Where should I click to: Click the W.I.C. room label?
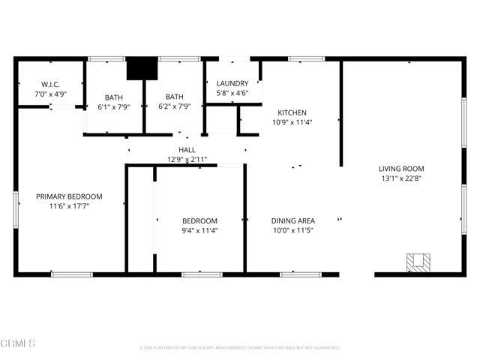[x=50, y=85]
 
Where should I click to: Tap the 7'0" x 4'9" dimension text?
[x=50, y=95]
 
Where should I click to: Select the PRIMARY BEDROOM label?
[x=69, y=196]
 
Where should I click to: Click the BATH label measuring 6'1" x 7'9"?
[x=114, y=97]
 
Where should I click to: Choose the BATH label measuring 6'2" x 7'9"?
[x=174, y=97]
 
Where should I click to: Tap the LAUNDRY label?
[x=232, y=83]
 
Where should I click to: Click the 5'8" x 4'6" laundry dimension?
[x=232, y=94]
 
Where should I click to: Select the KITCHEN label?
[x=292, y=112]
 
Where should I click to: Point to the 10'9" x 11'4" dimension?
[x=292, y=123]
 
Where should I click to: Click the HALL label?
[x=187, y=150]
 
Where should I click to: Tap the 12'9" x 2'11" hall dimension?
[x=187, y=160]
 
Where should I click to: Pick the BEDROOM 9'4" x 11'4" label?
[x=199, y=220]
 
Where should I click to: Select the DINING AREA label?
[x=292, y=220]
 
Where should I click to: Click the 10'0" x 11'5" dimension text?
[x=292, y=231]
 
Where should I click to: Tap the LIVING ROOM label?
[x=401, y=169]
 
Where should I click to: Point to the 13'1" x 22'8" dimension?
[x=401, y=178]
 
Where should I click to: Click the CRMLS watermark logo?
[x=19, y=343]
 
